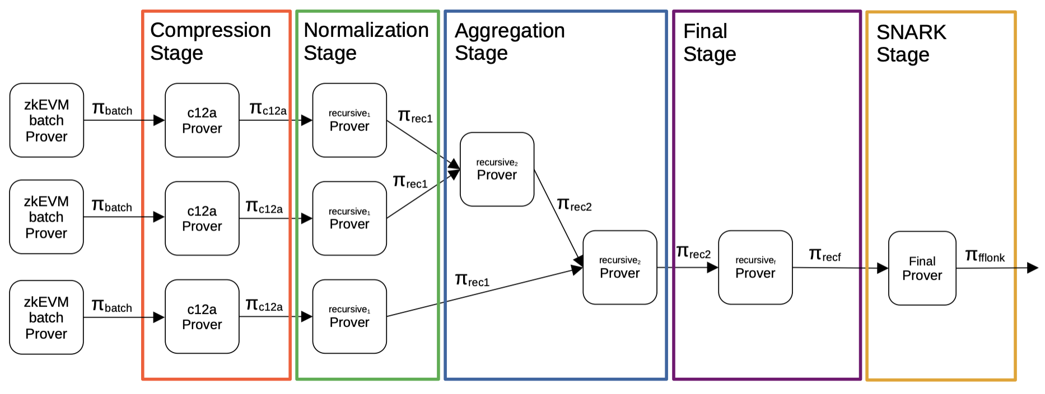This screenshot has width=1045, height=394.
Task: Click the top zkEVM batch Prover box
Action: pyautogui.click(x=46, y=120)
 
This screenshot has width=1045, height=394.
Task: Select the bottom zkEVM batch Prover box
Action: pyautogui.click(x=46, y=317)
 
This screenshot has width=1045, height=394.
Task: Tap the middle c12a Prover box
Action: pyautogui.click(x=202, y=218)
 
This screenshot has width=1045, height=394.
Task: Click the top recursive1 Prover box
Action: pyautogui.click(x=349, y=120)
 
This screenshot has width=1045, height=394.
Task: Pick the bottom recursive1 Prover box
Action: pyautogui.click(x=349, y=316)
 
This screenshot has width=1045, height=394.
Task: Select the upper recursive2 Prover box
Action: pyautogui.click(x=497, y=169)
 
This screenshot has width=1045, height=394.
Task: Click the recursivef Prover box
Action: pyautogui.click(x=755, y=268)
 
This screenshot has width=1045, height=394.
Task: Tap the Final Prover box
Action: pyautogui.click(x=922, y=268)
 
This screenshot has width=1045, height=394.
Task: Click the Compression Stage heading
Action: pyautogui.click(x=210, y=41)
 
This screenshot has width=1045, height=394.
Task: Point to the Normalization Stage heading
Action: pyautogui.click(x=366, y=41)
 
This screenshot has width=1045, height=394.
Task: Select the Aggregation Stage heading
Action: pyautogui.click(x=509, y=42)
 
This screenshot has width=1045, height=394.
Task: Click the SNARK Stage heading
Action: pyautogui.click(x=911, y=44)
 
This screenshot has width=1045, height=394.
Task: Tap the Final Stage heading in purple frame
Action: pyautogui.click(x=709, y=43)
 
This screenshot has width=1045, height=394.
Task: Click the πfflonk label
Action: pyautogui.click(x=985, y=256)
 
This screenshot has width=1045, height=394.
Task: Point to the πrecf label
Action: pyautogui.click(x=825, y=256)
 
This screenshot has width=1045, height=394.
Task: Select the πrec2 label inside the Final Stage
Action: pyautogui.click(x=693, y=253)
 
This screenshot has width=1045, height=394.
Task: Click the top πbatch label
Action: pyautogui.click(x=112, y=109)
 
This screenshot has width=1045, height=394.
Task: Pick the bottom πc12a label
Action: pyautogui.click(x=264, y=305)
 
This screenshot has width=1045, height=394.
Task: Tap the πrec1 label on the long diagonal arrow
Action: pyautogui.click(x=472, y=280)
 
